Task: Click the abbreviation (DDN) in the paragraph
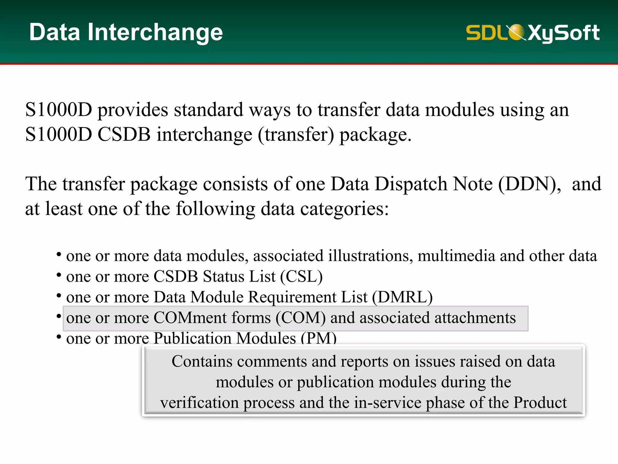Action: (529, 184)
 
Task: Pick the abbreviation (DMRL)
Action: (402, 297)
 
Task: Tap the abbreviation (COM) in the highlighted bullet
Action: (301, 318)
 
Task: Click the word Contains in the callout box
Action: (202, 361)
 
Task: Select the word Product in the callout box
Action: (540, 403)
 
